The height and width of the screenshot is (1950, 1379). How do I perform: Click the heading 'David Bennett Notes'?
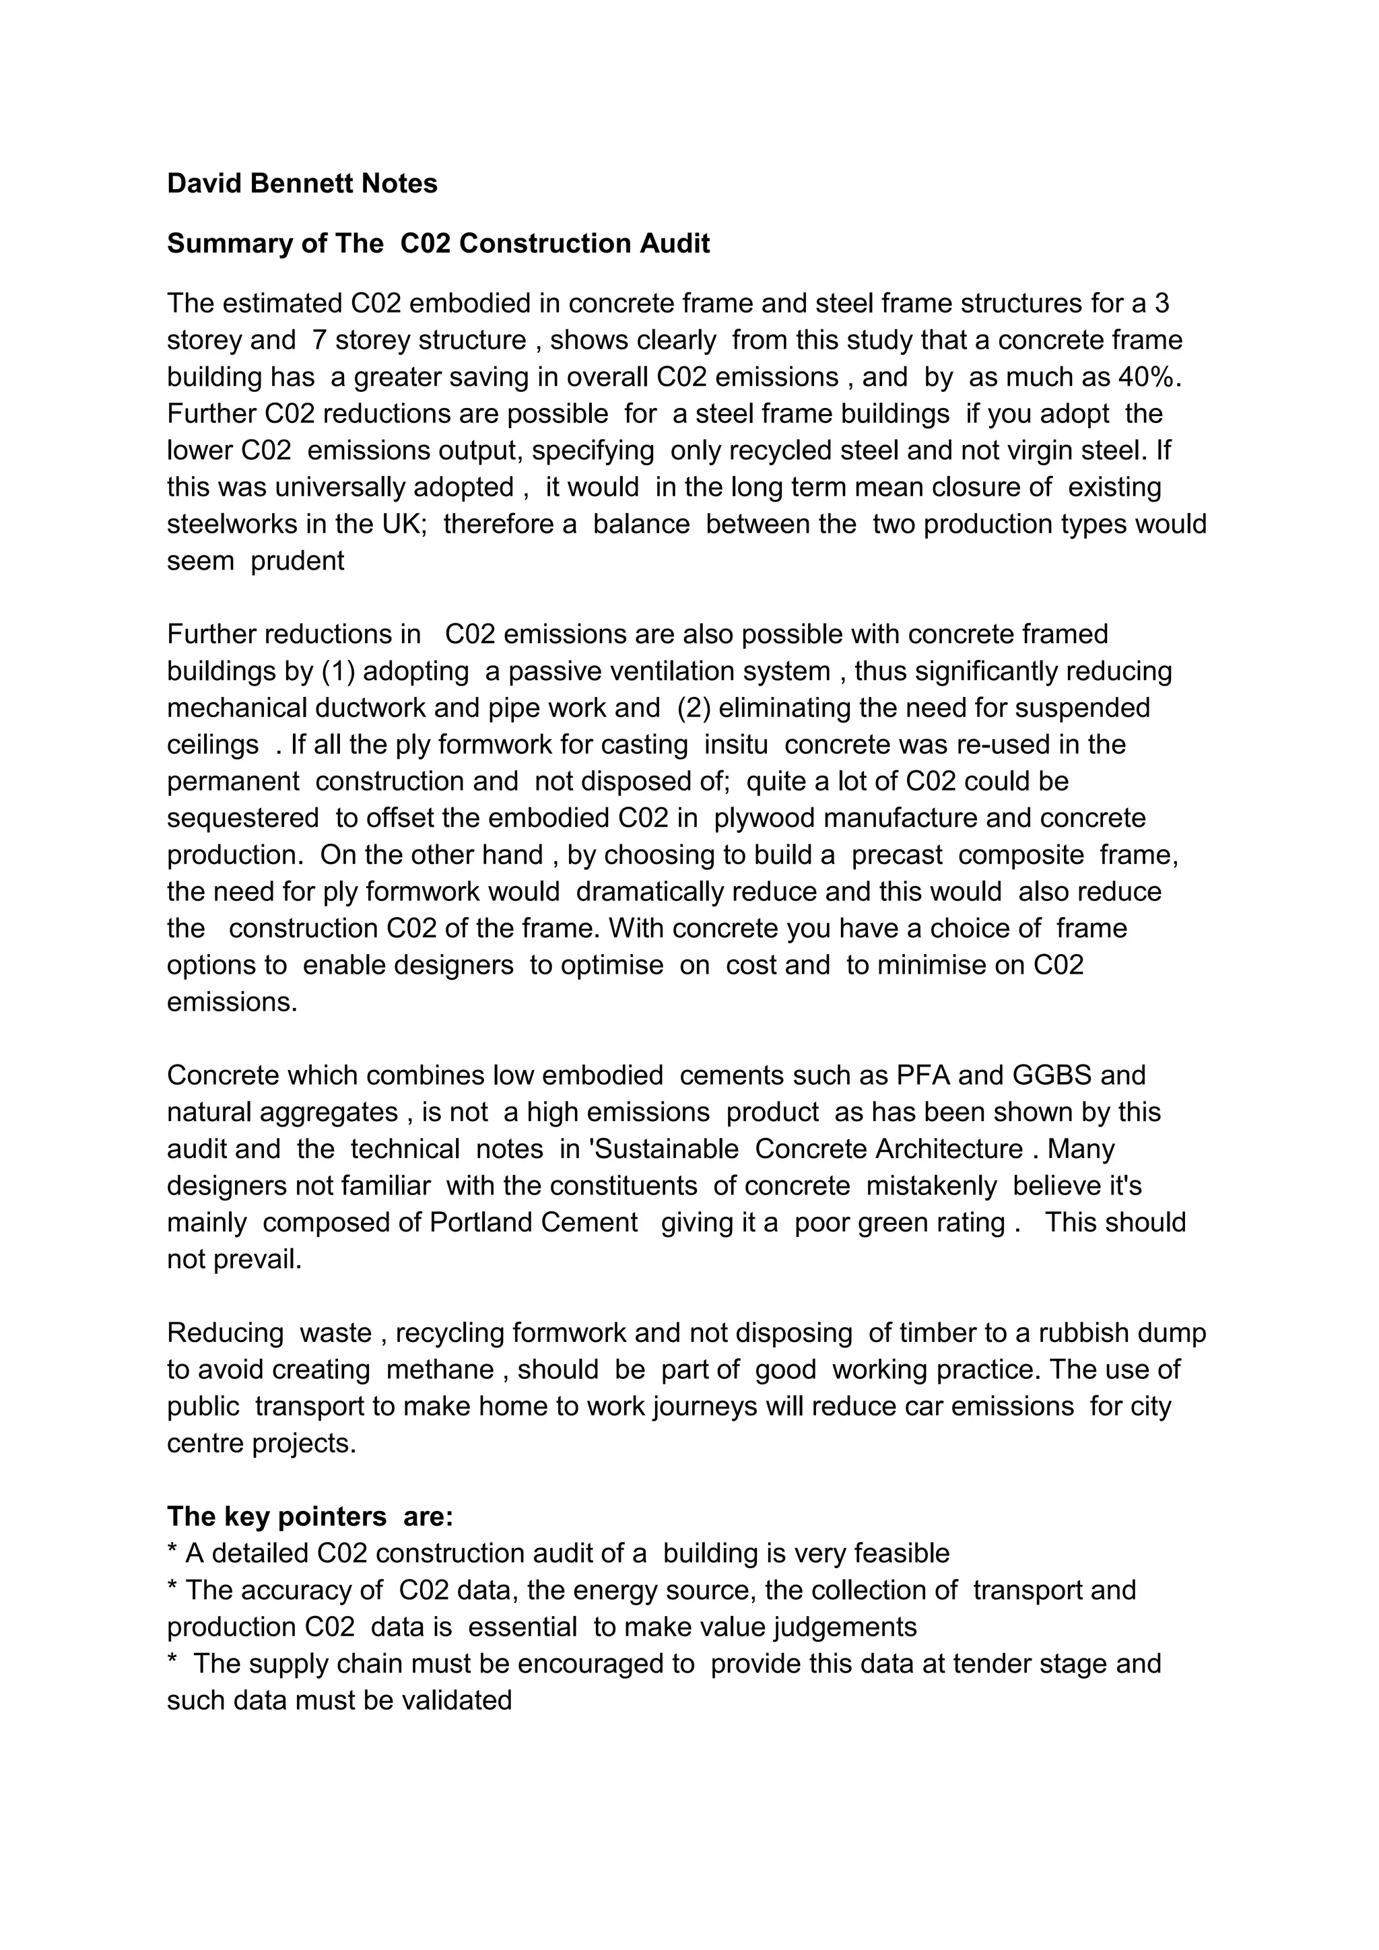(302, 183)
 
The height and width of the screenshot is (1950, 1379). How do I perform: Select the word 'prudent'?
(297, 560)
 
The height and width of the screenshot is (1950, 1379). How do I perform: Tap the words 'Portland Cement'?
(533, 1222)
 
